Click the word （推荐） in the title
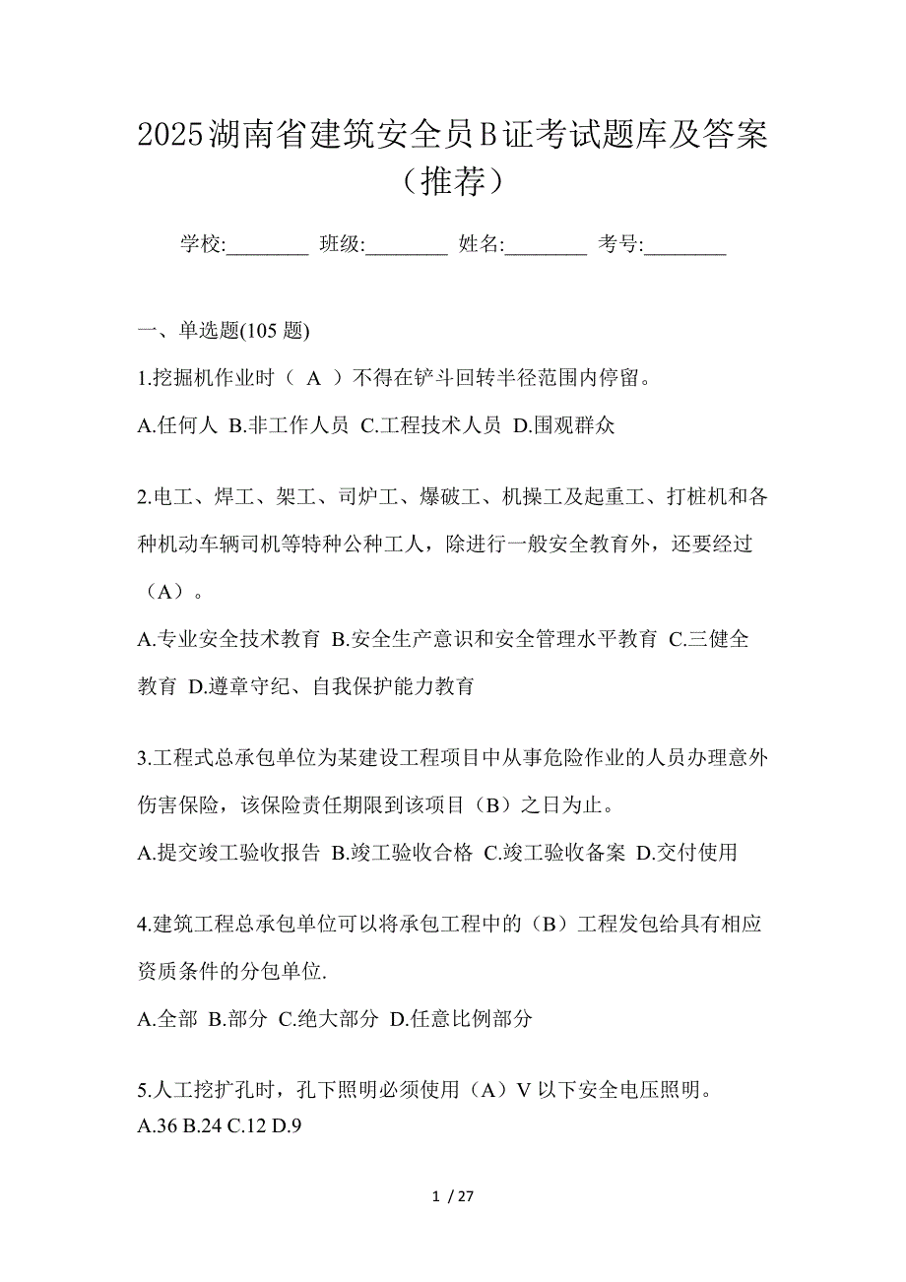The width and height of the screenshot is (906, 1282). (x=453, y=181)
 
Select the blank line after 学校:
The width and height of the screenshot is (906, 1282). (x=268, y=245)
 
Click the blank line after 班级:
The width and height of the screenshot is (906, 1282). (x=407, y=245)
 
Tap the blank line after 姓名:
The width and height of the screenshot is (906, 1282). (x=546, y=245)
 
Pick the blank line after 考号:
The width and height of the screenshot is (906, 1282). (x=685, y=245)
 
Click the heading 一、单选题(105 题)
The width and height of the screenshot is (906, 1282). (x=225, y=332)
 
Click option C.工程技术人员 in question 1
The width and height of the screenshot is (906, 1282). (x=431, y=425)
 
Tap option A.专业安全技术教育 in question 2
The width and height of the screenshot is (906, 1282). (x=229, y=639)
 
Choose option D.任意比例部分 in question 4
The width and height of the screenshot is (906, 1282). (x=462, y=1019)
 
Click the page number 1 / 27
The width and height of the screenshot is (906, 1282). (x=453, y=1197)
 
